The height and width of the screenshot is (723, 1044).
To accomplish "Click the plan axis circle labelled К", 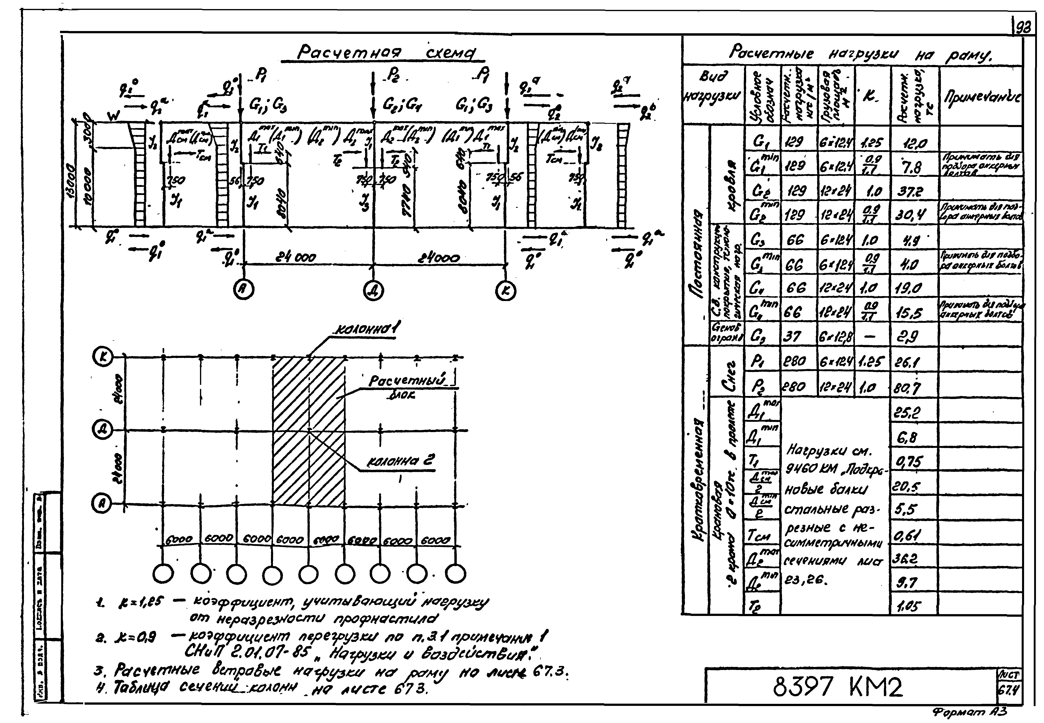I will (x=102, y=357).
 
